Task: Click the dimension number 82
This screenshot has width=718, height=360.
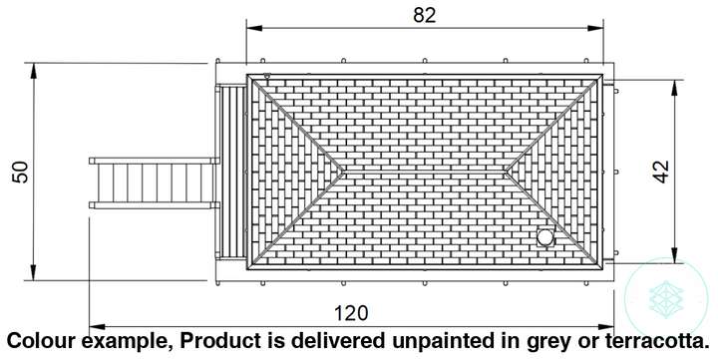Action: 425,15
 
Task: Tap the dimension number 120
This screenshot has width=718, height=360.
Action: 351,313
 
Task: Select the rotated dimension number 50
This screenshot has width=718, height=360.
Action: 21,173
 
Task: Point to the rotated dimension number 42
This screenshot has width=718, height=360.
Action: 662,172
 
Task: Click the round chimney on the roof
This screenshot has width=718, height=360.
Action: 544,237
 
